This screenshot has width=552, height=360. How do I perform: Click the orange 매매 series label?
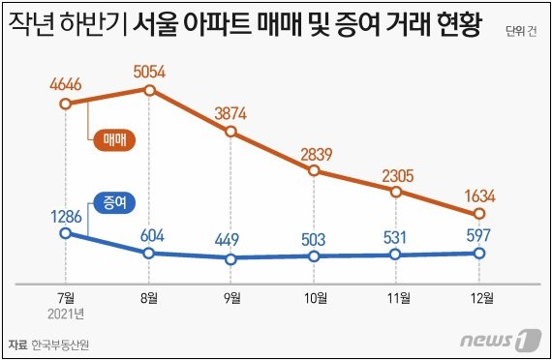pos(115,139)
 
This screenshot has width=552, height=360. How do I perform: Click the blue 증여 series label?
pos(113,202)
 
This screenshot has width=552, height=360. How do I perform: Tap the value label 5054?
pos(150,71)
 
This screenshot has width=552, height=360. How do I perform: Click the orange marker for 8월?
pos(150,90)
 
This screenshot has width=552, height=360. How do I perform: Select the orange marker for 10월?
pos(315,170)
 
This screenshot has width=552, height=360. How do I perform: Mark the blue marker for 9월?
pos(230,258)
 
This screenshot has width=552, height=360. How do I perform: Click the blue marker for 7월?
pos(65,232)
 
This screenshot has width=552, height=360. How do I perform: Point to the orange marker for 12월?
pos(479,214)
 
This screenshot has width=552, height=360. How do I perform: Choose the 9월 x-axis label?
pos(231,297)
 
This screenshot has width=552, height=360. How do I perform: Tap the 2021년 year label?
pos(65,313)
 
